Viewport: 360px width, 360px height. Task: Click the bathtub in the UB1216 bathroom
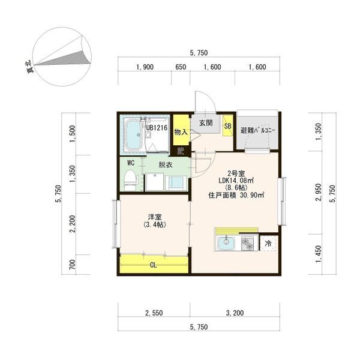tap(133, 135)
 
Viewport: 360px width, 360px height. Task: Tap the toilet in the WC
tap(130, 180)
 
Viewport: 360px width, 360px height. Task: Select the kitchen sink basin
tap(226, 244)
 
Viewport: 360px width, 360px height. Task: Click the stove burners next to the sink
tap(247, 244)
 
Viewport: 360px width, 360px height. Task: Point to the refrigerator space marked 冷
tap(268, 244)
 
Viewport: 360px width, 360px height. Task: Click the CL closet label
tap(153, 265)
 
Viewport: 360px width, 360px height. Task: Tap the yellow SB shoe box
tap(227, 126)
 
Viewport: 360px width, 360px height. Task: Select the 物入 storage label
tap(181, 132)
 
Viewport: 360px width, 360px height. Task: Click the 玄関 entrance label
tap(206, 123)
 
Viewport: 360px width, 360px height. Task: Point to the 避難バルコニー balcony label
tap(257, 130)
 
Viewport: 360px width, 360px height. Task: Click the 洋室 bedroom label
tap(155, 217)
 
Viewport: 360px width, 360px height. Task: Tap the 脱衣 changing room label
tap(166, 164)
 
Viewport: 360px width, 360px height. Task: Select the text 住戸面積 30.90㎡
tap(236, 196)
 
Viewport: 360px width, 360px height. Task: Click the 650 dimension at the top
tap(181, 67)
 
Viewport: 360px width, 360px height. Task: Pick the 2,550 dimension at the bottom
tap(154, 313)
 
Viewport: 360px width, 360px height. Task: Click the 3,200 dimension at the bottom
tap(235, 313)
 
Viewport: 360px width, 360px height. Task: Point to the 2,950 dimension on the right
tap(318, 193)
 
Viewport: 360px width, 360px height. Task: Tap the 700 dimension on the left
tap(72, 265)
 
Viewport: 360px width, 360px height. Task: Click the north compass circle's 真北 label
tap(29, 67)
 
